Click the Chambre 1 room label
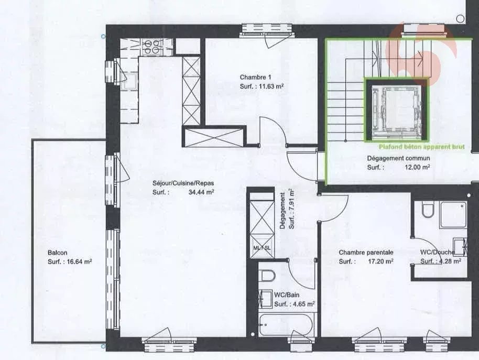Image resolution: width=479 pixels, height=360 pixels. [x=255, y=77]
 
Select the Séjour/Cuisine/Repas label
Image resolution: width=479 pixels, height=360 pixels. [x=183, y=183]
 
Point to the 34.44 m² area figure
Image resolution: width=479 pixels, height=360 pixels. [x=201, y=192]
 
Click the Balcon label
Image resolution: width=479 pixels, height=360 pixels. [x=58, y=253]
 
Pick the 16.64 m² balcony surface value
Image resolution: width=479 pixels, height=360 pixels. [x=80, y=261]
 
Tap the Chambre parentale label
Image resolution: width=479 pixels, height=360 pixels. [x=366, y=253]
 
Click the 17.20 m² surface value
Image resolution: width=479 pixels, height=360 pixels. [x=380, y=261]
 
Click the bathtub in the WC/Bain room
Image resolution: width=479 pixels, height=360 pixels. [x=286, y=325]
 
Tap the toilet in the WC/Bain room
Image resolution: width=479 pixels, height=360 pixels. [x=268, y=276]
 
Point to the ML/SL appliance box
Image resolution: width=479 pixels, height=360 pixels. [x=262, y=248]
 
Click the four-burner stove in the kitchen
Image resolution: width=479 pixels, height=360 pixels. [x=151, y=47]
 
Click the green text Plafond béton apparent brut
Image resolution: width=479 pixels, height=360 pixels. [x=421, y=147]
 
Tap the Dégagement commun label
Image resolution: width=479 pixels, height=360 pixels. [x=398, y=158]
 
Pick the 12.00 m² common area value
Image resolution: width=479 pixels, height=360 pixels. [x=418, y=167]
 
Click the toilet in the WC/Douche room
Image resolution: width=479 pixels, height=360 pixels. [x=428, y=209]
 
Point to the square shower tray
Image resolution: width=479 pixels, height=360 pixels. [x=453, y=215]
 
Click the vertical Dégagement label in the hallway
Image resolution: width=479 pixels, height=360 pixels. [x=283, y=211]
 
